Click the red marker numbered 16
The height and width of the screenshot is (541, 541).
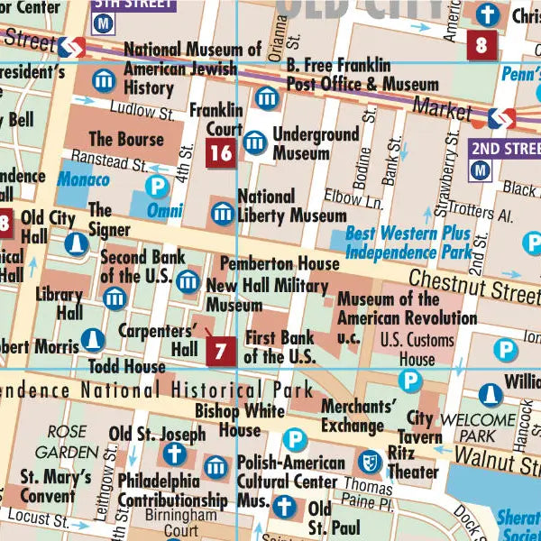click(221, 153)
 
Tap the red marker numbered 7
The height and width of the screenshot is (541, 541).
click(221, 349)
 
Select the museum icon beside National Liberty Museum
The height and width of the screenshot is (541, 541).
click(222, 213)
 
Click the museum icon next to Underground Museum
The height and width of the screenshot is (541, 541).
click(256, 142)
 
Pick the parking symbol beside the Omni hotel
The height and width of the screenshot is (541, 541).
click(159, 188)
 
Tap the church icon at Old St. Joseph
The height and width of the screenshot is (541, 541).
click(173, 454)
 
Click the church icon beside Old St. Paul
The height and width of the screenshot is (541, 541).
click(286, 507)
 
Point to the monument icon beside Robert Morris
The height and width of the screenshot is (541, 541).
click(91, 340)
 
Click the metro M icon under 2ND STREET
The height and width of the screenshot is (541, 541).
click(481, 169)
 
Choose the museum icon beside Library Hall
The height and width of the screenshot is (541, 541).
click(114, 298)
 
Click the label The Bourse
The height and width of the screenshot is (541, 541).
click(126, 139)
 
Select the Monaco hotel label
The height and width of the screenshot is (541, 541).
click(83, 179)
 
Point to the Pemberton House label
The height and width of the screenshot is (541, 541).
click(280, 263)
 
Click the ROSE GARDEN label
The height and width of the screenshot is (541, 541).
click(67, 442)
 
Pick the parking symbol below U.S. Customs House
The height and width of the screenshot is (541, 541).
click(411, 381)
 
